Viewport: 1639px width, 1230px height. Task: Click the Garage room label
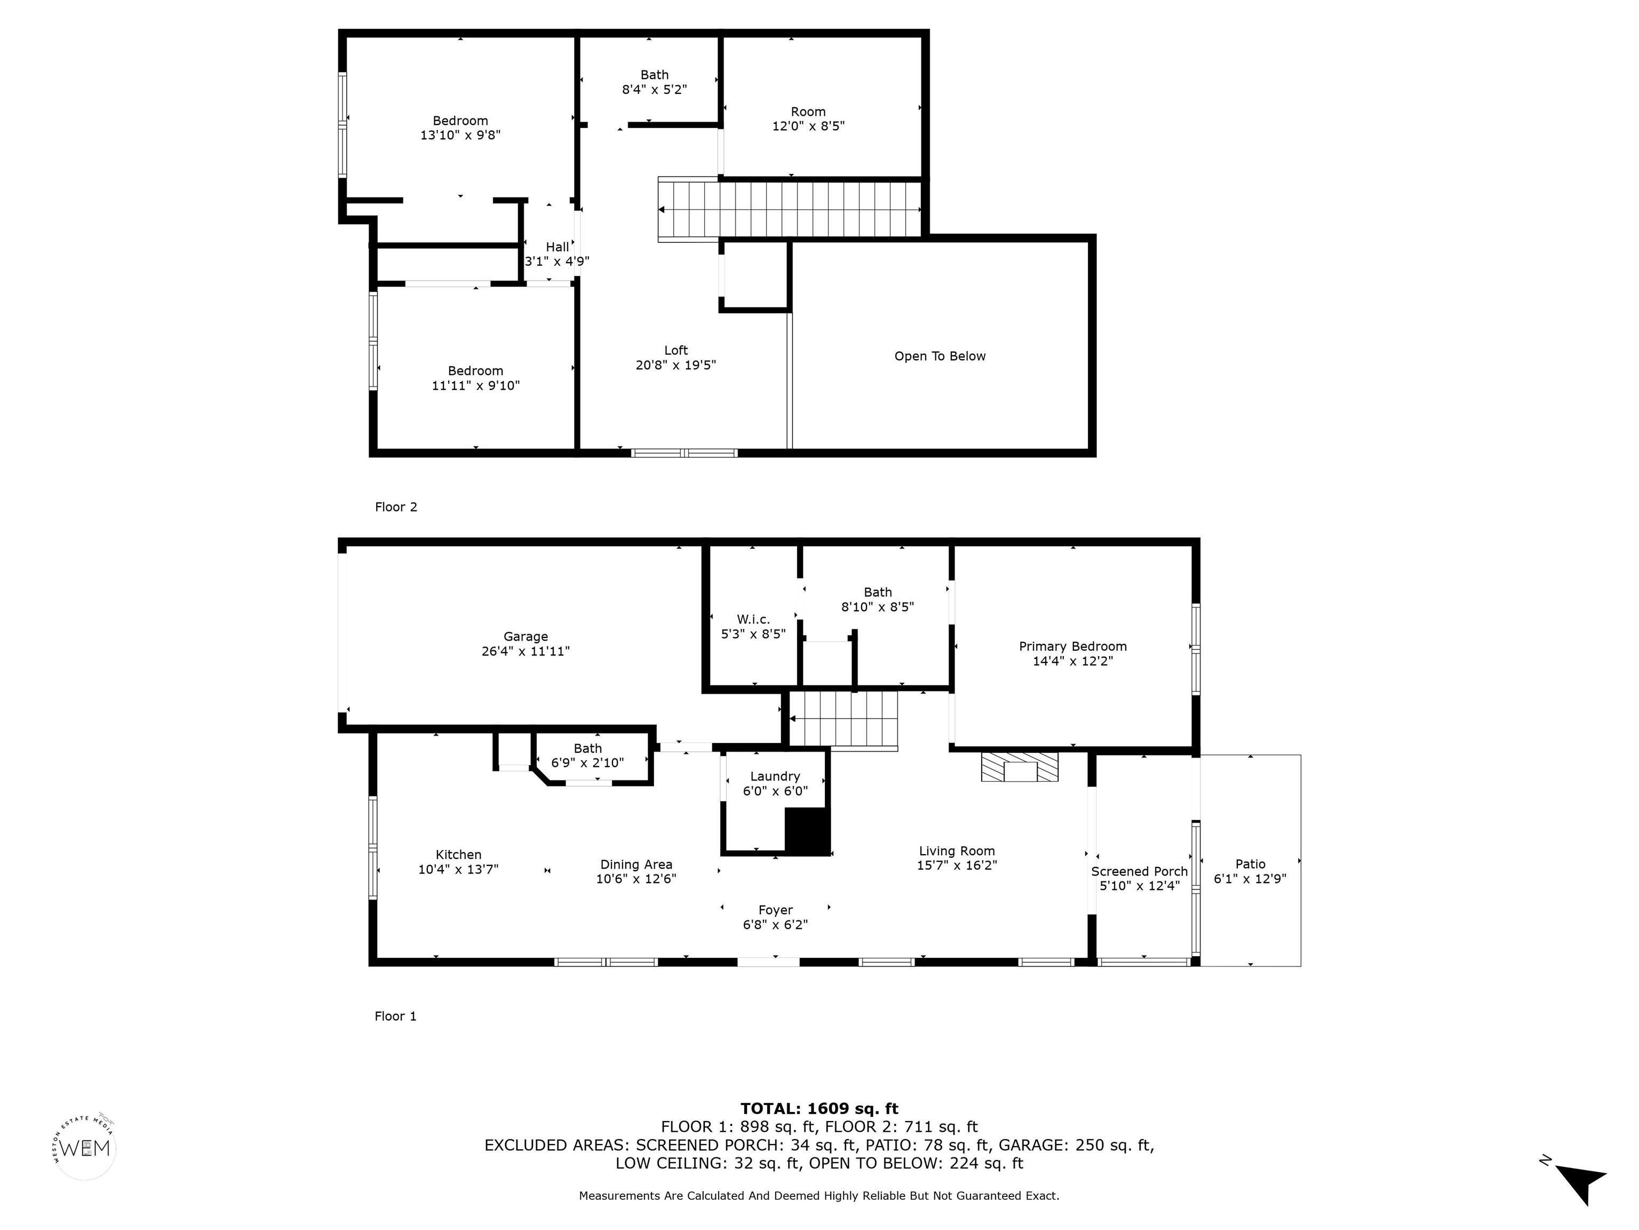click(x=526, y=637)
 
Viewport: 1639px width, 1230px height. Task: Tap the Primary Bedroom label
click(x=1072, y=646)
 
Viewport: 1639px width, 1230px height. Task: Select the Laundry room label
click(x=775, y=776)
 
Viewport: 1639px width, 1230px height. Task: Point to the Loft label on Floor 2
click(x=676, y=350)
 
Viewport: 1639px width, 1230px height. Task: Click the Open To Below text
click(x=940, y=357)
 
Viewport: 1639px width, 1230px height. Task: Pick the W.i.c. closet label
click(x=753, y=619)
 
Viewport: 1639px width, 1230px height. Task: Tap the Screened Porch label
click(x=1139, y=871)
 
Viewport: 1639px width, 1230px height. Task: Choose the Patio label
click(x=1250, y=864)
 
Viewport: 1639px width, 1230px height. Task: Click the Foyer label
click(x=775, y=910)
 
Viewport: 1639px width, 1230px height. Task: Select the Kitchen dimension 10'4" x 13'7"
click(x=458, y=870)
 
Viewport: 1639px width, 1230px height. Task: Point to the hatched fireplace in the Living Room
click(x=1020, y=767)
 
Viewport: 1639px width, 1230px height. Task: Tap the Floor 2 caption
click(x=396, y=507)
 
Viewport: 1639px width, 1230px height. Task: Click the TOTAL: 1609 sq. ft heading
click(x=819, y=1108)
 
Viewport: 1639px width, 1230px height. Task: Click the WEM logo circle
click(x=85, y=1148)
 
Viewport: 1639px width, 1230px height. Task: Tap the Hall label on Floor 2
click(x=557, y=247)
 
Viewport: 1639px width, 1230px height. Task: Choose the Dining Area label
click(x=636, y=864)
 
